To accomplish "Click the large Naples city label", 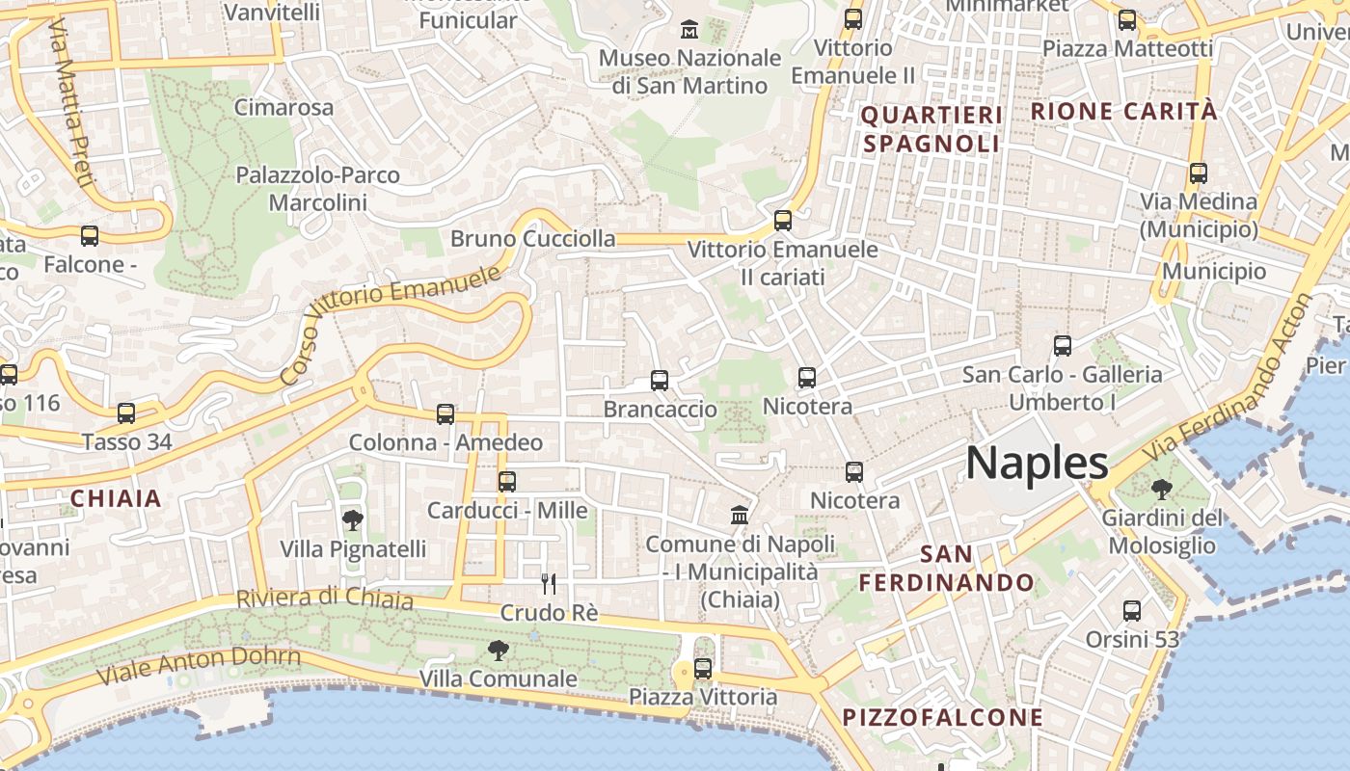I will [x=1037, y=464].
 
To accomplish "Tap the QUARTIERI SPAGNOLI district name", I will [x=931, y=130].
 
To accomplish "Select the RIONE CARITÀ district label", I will [x=1123, y=111].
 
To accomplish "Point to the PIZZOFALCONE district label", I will [x=943, y=717].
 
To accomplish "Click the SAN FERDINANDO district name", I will [x=946, y=569].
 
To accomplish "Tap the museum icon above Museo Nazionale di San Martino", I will [x=689, y=30].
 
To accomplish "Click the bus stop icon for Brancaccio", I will [x=660, y=381].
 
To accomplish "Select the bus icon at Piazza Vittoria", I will [x=703, y=668].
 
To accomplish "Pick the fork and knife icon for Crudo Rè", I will [x=549, y=583].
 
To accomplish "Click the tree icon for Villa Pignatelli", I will [x=353, y=520].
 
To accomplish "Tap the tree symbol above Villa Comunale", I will [x=498, y=651].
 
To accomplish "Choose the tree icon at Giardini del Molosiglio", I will [x=1162, y=490].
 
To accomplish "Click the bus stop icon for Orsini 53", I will [x=1132, y=610].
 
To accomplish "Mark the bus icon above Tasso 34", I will [x=126, y=413].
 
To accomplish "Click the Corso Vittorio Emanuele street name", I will [x=391, y=324].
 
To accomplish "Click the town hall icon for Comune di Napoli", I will [x=740, y=515].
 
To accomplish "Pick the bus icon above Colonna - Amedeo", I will [x=445, y=414].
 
